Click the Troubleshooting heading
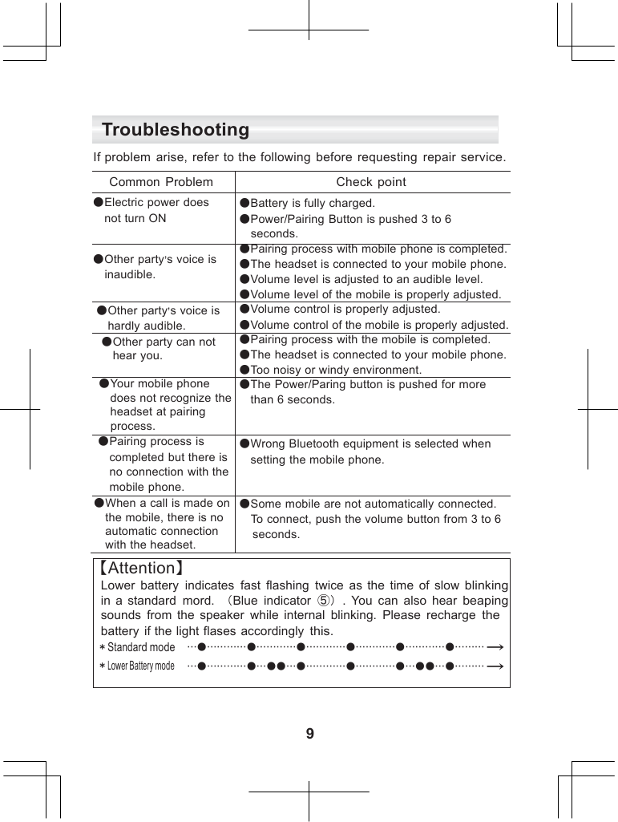coord(176,130)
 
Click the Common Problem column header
coord(161,182)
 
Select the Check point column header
coord(371,182)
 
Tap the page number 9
coord(310,734)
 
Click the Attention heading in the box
coord(141,569)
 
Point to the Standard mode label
coord(140,647)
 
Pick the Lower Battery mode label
coord(140,666)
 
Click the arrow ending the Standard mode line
coord(495,646)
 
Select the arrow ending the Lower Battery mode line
coord(495,666)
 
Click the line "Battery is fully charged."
coord(313,204)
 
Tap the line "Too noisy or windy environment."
coord(336,370)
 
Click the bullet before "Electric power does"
coord(98,203)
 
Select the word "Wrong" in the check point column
coord(269,443)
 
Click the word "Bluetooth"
coord(316,443)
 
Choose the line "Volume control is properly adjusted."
coord(345,309)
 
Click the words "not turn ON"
coord(135,218)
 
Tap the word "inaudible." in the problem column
coord(131,274)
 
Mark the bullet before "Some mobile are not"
coord(244,504)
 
